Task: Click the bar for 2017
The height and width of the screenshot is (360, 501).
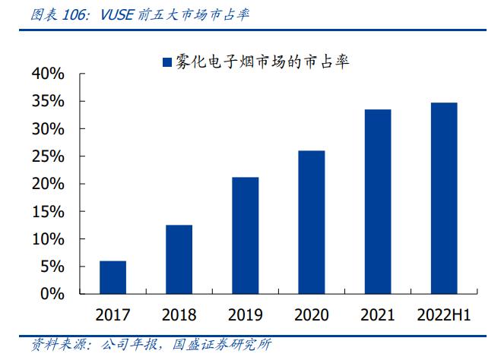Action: [113, 277]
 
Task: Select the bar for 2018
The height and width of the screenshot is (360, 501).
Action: [179, 259]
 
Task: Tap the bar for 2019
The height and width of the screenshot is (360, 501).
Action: [245, 235]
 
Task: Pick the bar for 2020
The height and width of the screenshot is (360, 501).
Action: [311, 222]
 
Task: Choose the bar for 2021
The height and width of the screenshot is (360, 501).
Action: [377, 201]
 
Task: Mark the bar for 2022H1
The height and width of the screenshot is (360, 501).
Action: [443, 197]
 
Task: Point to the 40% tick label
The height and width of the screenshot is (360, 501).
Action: [48, 74]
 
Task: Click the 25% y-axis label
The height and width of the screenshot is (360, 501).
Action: [48, 156]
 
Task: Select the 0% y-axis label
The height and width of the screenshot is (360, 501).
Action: [52, 294]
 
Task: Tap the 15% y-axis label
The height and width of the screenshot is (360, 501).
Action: [48, 212]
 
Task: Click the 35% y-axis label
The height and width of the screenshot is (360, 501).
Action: [48, 101]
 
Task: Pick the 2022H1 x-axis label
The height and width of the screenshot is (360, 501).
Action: [443, 314]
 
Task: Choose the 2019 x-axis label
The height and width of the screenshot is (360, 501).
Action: [245, 314]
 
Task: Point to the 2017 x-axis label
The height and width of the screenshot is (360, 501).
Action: [113, 314]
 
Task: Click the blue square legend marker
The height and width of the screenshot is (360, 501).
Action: [166, 62]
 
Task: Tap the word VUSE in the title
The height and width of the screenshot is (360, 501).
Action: [116, 14]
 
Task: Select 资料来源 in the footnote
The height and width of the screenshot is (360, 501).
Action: [40, 346]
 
